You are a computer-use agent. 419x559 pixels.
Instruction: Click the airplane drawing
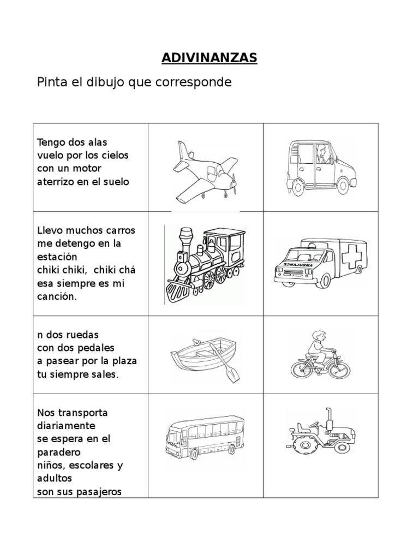[205, 170]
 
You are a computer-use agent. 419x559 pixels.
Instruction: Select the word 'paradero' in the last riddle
[59, 453]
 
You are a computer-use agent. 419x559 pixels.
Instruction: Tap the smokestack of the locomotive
[182, 239]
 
